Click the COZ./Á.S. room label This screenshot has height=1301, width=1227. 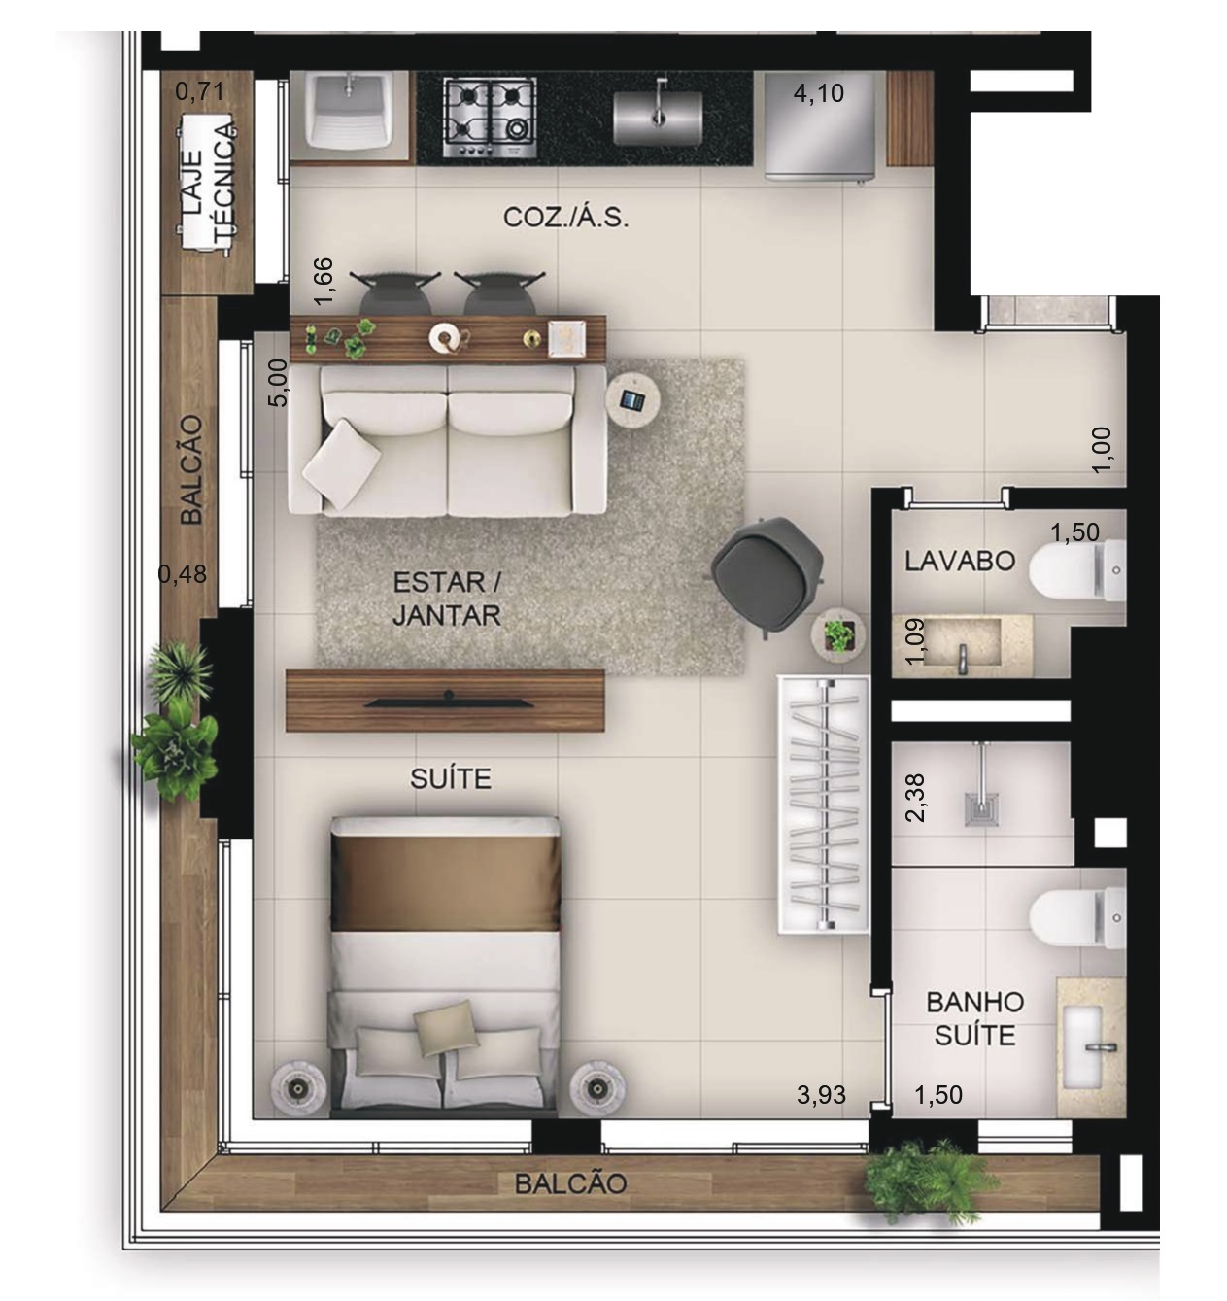(x=565, y=217)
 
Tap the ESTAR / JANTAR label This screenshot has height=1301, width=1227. (x=447, y=599)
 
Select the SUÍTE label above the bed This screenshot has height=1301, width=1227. (x=451, y=779)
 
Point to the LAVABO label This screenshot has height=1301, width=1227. (x=960, y=562)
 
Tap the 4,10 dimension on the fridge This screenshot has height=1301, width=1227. (x=818, y=93)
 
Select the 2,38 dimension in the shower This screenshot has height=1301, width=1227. (x=914, y=798)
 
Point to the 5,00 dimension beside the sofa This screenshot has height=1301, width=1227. (x=278, y=383)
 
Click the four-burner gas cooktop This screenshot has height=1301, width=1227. (x=490, y=119)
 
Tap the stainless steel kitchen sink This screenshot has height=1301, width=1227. (x=657, y=117)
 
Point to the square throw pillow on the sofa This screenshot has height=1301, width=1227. (x=341, y=463)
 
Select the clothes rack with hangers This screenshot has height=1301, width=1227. (x=823, y=805)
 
